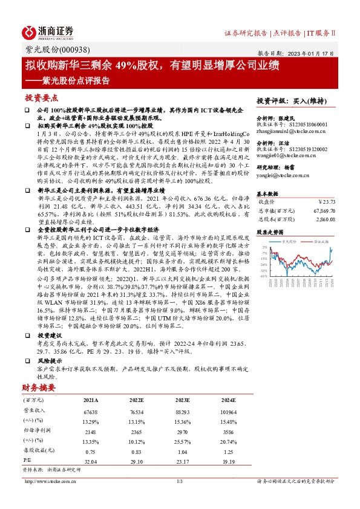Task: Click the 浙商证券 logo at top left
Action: coord(48,31)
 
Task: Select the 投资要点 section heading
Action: coord(42,97)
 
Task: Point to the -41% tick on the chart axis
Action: coord(264,276)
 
